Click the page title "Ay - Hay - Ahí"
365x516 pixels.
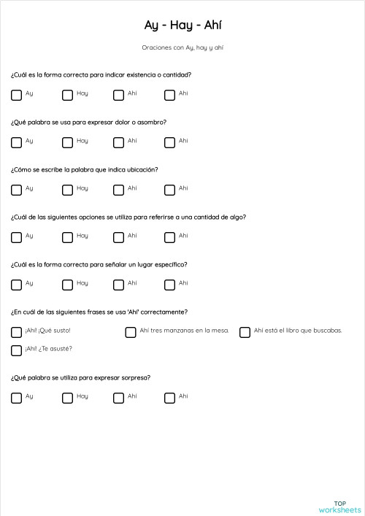182,26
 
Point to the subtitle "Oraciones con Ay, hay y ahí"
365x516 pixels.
182,47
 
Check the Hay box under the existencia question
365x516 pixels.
67,94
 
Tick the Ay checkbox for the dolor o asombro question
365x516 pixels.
16,142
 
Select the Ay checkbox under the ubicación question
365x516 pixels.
16,189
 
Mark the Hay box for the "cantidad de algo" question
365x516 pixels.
67,236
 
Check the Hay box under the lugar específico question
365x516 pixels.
67,284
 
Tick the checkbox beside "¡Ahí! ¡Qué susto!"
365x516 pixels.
16,332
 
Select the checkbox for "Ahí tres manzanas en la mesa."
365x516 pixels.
131,332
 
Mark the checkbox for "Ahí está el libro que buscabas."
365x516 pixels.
245,332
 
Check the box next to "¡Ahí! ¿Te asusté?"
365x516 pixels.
16,350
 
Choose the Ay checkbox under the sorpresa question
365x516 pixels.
16,398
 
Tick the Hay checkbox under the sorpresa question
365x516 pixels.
67,398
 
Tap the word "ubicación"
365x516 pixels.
142,170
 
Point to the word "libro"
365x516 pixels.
289,331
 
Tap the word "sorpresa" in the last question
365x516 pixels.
134,378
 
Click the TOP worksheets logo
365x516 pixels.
339,506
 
